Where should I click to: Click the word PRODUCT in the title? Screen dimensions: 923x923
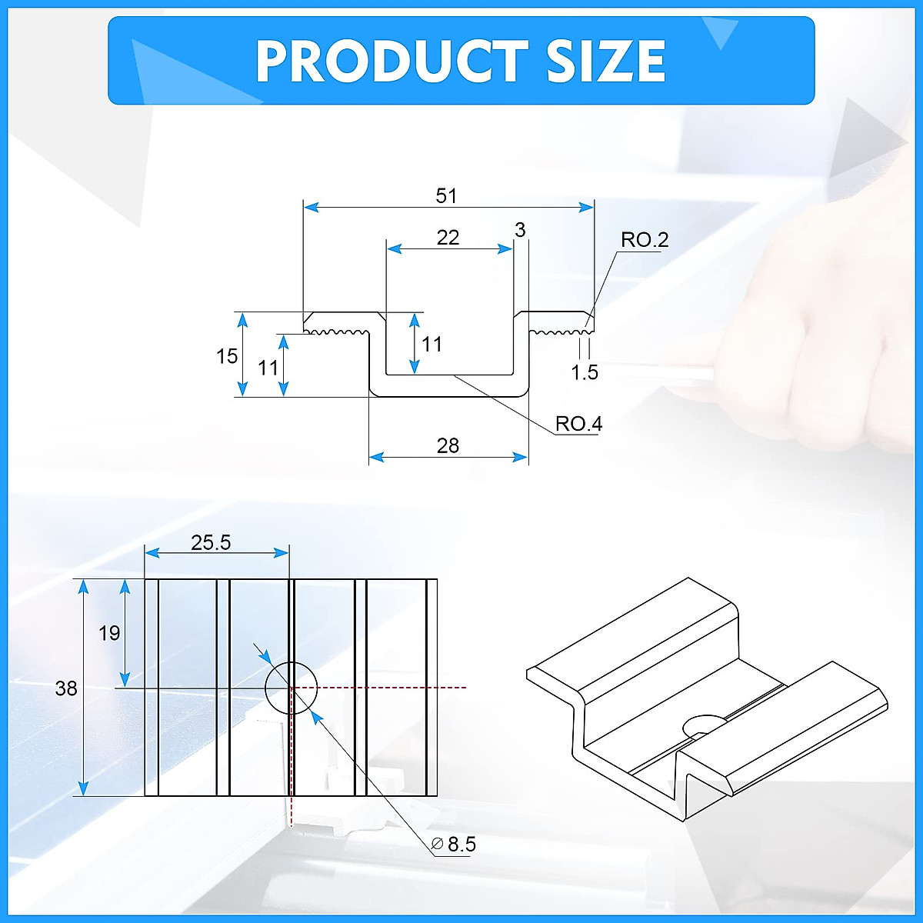pyautogui.click(x=392, y=62)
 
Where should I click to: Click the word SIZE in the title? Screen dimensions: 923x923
pyautogui.click(x=606, y=62)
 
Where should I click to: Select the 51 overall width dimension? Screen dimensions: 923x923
pyautogui.click(x=446, y=196)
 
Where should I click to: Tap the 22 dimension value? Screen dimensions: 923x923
pyautogui.click(x=448, y=238)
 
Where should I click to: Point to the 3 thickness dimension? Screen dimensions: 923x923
pyautogui.click(x=521, y=230)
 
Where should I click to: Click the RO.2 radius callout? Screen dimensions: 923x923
pyautogui.click(x=645, y=240)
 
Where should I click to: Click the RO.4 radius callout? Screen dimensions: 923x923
pyautogui.click(x=578, y=424)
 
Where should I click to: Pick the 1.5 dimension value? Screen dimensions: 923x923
pyautogui.click(x=584, y=373)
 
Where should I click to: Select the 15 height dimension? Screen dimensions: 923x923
pyautogui.click(x=227, y=356)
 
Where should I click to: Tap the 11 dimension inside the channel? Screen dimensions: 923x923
pyautogui.click(x=432, y=344)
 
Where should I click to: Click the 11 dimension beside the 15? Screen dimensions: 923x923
pyautogui.click(x=268, y=368)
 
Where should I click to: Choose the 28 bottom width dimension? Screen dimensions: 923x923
pyautogui.click(x=448, y=446)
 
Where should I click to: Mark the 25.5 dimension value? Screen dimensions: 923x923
pyautogui.click(x=211, y=543)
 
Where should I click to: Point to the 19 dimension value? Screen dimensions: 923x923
pyautogui.click(x=109, y=633)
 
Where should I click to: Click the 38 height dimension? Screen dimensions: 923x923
pyautogui.click(x=66, y=688)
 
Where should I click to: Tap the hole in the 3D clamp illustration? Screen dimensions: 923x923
pyautogui.click(x=701, y=725)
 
